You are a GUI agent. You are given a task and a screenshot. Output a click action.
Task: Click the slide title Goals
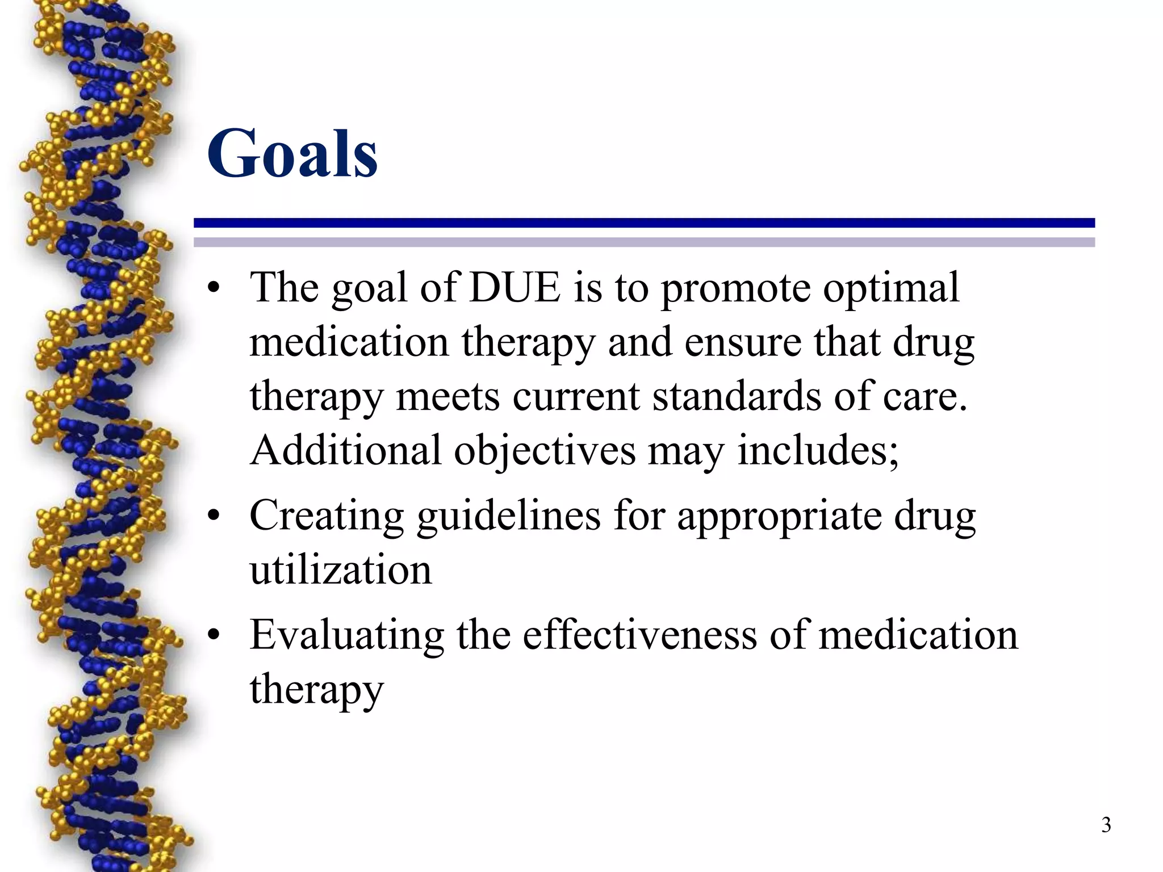coord(292,153)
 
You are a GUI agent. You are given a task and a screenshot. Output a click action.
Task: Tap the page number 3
coord(1106,824)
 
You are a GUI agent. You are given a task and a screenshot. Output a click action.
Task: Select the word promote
coord(735,288)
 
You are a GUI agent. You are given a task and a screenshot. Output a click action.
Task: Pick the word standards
coord(737,396)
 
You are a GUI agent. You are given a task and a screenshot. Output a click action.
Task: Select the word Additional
coord(345,450)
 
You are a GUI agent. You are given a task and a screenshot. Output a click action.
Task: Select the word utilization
coord(341,570)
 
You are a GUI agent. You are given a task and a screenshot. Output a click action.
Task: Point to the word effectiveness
coord(639,635)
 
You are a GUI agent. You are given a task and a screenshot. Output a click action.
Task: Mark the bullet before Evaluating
coord(214,635)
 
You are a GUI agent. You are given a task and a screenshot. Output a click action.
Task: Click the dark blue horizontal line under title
coord(644,223)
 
